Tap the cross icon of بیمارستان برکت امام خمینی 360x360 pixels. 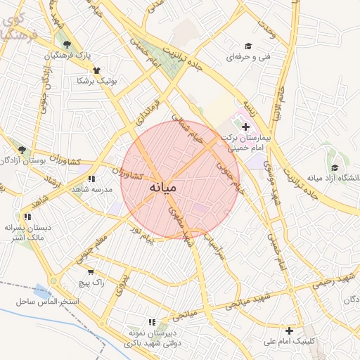point(245,127)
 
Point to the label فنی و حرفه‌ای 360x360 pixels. point(239,55)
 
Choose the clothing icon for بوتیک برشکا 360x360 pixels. point(97,70)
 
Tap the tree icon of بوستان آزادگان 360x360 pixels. point(22,150)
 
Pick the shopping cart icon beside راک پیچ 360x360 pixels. point(91,271)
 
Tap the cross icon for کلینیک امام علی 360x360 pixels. point(289,330)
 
